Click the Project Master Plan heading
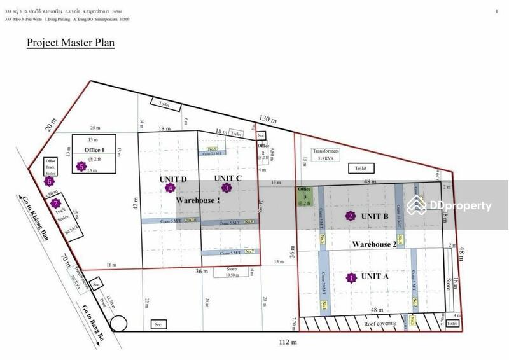(70, 43)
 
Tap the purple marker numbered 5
(81, 167)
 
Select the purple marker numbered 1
(350, 277)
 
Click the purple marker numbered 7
(55, 204)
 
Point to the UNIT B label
(375, 216)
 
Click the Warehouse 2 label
(375, 244)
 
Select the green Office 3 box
(304, 196)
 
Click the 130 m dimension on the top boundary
(268, 119)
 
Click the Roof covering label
(379, 324)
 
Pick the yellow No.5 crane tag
(323, 239)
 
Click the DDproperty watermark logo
(449, 205)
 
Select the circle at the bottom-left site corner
(118, 324)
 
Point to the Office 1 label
(94, 149)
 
